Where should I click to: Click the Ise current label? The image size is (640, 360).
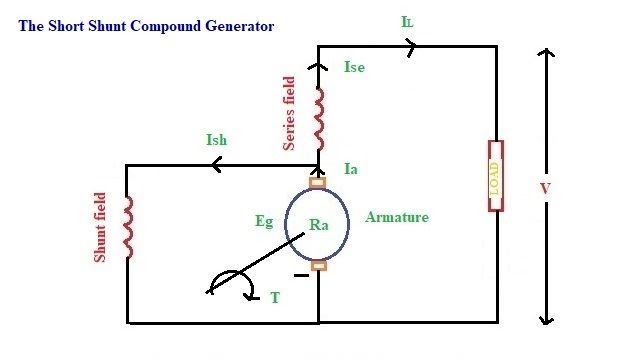pos(355,68)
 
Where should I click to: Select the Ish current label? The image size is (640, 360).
pos(216,140)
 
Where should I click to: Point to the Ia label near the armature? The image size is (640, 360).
pos(350,170)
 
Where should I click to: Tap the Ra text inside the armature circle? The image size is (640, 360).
pos(320,226)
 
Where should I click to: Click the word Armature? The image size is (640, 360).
pos(397,216)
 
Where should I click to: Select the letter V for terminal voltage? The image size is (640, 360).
pos(571,188)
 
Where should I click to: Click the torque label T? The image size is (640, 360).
pos(275,297)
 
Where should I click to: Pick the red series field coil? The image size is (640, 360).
pos(319,116)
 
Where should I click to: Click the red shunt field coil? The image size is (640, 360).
pos(127,225)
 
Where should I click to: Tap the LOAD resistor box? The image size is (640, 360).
pos(494,177)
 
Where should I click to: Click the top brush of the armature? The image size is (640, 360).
pos(318,183)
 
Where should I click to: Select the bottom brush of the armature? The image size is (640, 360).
pos(318,265)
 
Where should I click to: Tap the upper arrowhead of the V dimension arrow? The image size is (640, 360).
pos(545,52)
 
